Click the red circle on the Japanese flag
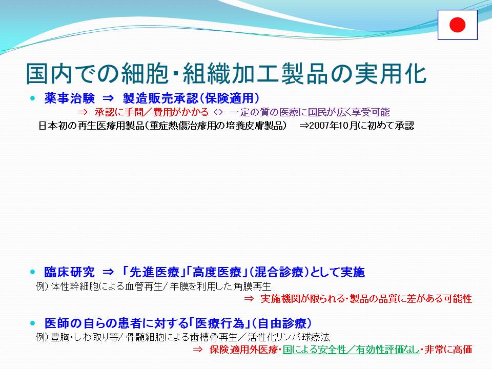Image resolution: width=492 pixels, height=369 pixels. [457, 25]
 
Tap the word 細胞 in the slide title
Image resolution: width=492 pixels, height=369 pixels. [145, 74]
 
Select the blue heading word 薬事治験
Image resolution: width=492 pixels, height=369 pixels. [69, 98]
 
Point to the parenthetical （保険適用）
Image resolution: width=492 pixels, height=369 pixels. [229, 98]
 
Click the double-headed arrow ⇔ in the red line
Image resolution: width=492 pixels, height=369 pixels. [218, 112]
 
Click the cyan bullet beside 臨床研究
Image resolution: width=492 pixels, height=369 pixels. [33, 272]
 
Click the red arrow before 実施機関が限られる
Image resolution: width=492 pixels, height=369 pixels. [249, 298]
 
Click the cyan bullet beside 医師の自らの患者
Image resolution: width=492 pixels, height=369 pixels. [33, 323]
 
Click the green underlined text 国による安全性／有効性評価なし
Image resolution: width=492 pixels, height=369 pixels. [351, 349]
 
